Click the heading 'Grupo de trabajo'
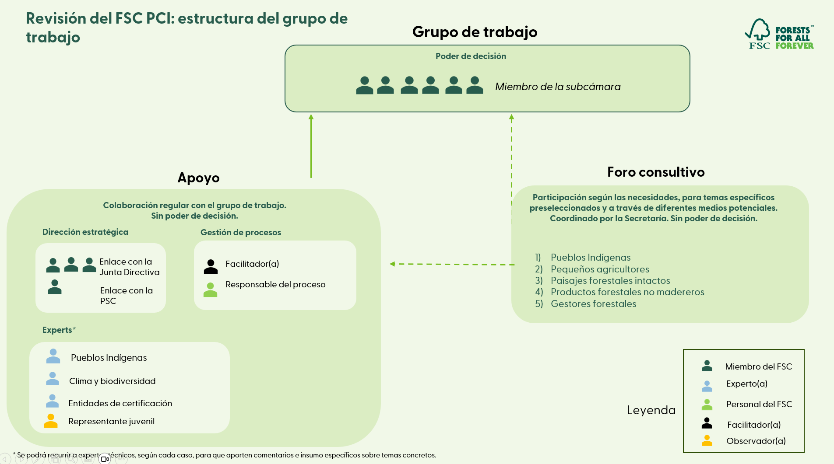[x=475, y=32]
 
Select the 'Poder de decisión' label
[x=471, y=56]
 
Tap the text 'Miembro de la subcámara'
[x=558, y=87]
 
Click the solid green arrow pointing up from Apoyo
[x=311, y=147]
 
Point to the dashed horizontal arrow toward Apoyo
[x=451, y=264]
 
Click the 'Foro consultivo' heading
[x=656, y=172]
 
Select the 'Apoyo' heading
[x=198, y=178]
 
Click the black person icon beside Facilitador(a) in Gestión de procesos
[x=211, y=267]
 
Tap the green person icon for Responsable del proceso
[x=210, y=290]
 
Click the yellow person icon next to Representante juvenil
[x=51, y=421]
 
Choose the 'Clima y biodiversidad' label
[x=112, y=381]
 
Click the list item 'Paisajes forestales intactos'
[x=610, y=280]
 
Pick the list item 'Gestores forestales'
[x=593, y=304]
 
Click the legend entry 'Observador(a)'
[x=756, y=441]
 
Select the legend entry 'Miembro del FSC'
[x=758, y=366]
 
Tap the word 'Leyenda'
[x=651, y=410]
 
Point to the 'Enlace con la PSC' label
[x=126, y=296]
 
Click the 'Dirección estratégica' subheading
[x=85, y=232]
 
